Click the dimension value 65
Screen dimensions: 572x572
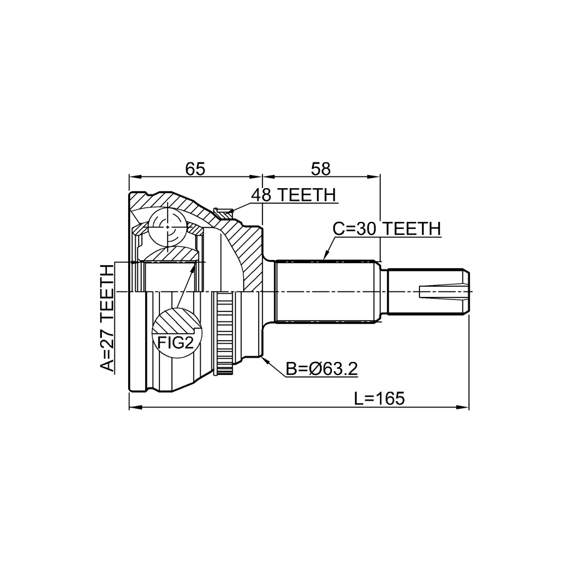(195, 169)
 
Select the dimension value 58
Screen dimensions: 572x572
(321, 169)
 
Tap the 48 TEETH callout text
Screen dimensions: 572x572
(293, 195)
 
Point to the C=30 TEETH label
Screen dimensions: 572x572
(387, 229)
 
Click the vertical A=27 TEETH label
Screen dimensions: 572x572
(108, 318)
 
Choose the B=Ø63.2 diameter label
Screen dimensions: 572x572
(321, 369)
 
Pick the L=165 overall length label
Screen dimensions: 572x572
(379, 398)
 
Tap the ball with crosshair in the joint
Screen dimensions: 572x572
(168, 228)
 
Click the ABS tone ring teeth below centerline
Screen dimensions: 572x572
(224, 333)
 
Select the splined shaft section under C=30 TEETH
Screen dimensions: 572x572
(326, 291)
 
